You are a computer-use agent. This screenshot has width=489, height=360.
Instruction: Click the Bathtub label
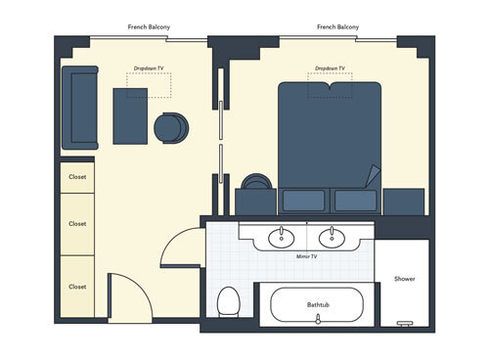tap(316, 305)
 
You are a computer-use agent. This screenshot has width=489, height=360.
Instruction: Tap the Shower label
tap(404, 279)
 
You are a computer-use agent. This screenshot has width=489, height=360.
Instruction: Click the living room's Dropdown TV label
tap(148, 68)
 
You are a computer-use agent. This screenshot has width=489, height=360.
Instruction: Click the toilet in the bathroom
tap(229, 302)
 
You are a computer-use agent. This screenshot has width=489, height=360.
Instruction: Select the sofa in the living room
tap(79, 108)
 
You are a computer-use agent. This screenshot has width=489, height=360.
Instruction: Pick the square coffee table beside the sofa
tap(130, 115)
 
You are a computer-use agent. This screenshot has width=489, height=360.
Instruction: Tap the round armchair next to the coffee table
tap(170, 128)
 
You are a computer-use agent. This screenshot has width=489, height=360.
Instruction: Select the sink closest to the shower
tap(332, 236)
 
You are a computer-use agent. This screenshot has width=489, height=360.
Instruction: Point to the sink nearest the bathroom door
tap(282, 236)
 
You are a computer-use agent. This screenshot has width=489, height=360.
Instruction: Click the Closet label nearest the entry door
tap(77, 287)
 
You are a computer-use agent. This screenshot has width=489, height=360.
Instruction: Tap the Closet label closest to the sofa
tap(77, 177)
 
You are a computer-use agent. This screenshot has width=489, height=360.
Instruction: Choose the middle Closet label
tap(77, 223)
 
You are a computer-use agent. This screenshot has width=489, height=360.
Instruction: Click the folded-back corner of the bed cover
tap(373, 177)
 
